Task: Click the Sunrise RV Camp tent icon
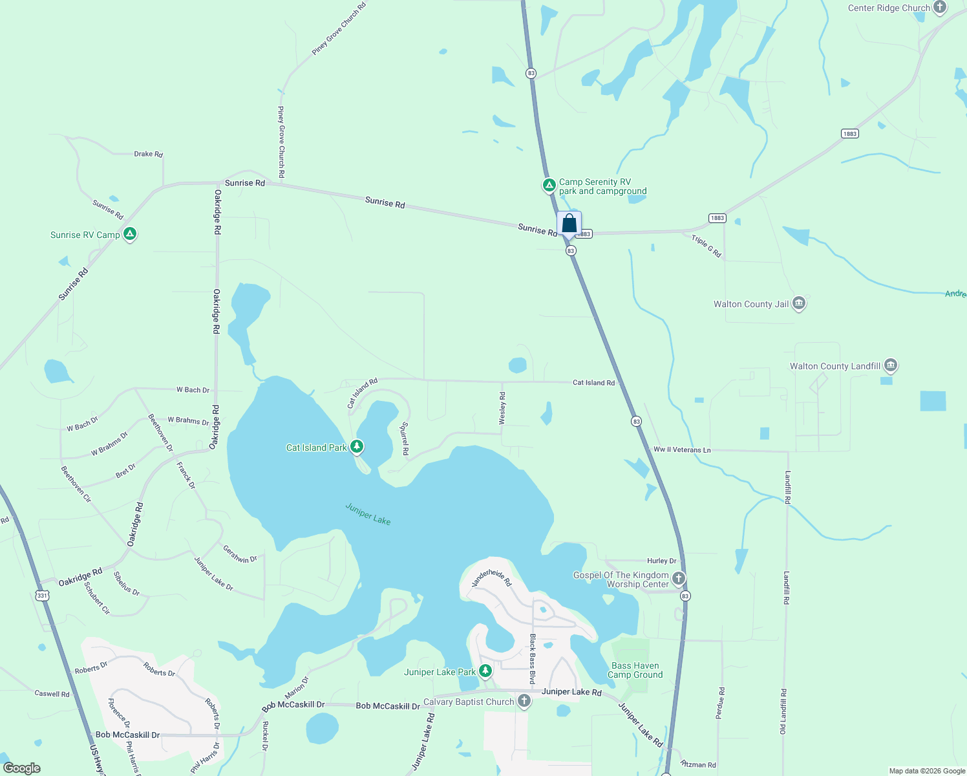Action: tap(130, 234)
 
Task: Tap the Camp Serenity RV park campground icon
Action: tap(549, 186)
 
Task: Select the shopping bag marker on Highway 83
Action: tap(569, 224)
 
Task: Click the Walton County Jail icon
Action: tap(799, 303)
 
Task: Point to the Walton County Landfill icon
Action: tap(891, 365)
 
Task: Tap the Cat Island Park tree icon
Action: tap(356, 446)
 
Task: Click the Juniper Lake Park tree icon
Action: tap(485, 671)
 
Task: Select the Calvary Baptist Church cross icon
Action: tap(524, 701)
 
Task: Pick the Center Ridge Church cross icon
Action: tap(940, 8)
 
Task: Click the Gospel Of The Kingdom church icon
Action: tap(678, 578)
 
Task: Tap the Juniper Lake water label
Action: tap(368, 514)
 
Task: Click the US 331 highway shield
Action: tap(42, 596)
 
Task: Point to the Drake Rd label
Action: tap(148, 154)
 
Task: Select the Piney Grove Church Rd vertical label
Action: tap(281, 142)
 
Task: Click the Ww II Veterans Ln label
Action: tap(682, 449)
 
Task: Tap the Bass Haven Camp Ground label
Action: tap(635, 670)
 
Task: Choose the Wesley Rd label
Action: tap(502, 409)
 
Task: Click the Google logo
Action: tap(22, 768)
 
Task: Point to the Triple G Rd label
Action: tap(706, 246)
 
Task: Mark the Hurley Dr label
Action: tap(661, 561)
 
